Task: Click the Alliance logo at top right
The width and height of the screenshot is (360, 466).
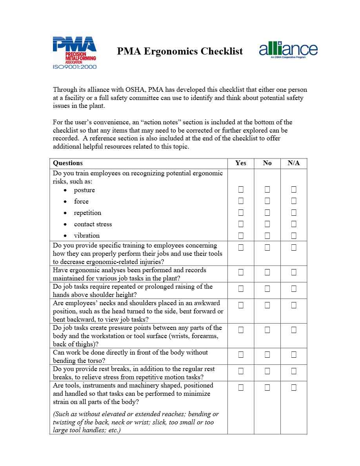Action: pyautogui.click(x=288, y=50)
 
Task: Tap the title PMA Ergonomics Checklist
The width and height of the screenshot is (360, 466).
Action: pyautogui.click(x=180, y=51)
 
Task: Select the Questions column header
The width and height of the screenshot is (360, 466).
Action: pyautogui.click(x=68, y=163)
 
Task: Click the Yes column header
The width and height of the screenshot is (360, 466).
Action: pyautogui.click(x=241, y=163)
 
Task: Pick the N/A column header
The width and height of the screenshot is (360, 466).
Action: pyautogui.click(x=294, y=163)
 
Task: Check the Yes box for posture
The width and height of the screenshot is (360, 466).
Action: pyautogui.click(x=241, y=190)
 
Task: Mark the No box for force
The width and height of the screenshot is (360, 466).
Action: pyautogui.click(x=267, y=201)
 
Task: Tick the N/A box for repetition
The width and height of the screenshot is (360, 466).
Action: pyautogui.click(x=294, y=213)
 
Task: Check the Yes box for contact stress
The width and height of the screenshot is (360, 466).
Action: pyautogui.click(x=241, y=224)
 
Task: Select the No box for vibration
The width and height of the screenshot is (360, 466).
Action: pyautogui.click(x=267, y=235)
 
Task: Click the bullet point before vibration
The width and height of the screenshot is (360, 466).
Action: pyautogui.click(x=65, y=236)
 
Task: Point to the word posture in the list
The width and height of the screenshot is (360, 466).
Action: pyautogui.click(x=84, y=190)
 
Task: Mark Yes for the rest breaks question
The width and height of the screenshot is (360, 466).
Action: pyautogui.click(x=241, y=371)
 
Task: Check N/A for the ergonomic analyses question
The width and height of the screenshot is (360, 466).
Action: pyautogui.click(x=294, y=272)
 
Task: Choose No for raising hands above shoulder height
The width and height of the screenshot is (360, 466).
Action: pyautogui.click(x=267, y=289)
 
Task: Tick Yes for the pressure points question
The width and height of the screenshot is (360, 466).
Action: pyautogui.click(x=241, y=330)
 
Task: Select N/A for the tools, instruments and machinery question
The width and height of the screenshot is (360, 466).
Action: pyautogui.click(x=294, y=388)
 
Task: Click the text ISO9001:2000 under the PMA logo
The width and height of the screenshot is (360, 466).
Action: pyautogui.click(x=75, y=67)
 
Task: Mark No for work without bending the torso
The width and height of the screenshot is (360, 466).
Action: pyautogui.click(x=267, y=355)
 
